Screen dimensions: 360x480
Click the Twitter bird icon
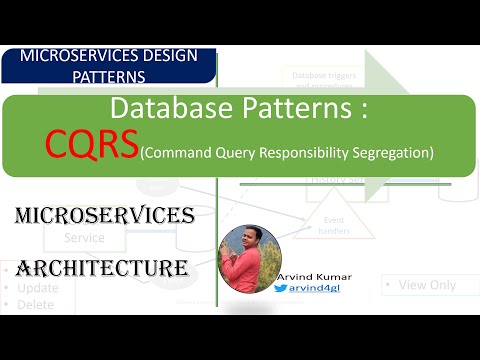click(281, 288)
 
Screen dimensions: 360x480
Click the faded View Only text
click(427, 285)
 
